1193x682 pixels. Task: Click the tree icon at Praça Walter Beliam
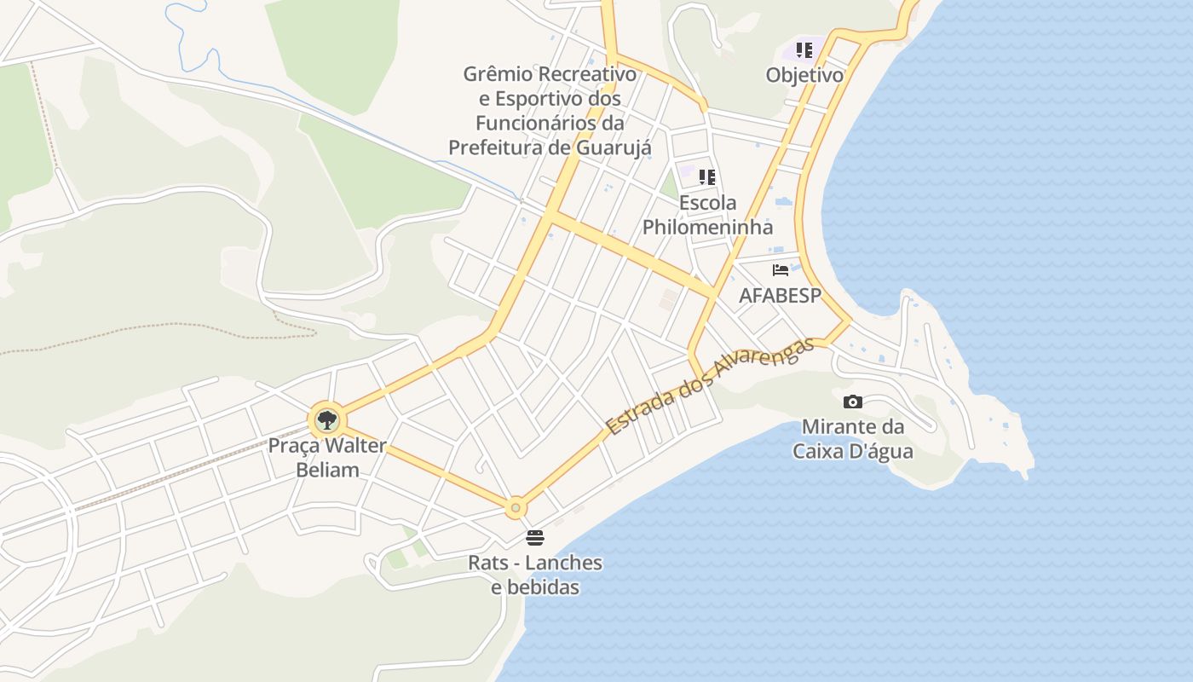click(326, 419)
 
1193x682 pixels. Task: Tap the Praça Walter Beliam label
click(327, 458)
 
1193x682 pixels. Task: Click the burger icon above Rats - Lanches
click(535, 538)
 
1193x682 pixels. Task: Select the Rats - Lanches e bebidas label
click(535, 575)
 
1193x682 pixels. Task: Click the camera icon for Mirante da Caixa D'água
click(853, 402)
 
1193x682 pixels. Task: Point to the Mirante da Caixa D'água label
click(853, 438)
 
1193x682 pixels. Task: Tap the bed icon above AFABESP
click(781, 270)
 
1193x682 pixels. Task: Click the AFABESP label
click(781, 296)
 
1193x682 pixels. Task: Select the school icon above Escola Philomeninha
click(707, 177)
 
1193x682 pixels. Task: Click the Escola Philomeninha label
click(707, 215)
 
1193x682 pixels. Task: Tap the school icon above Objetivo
click(804, 50)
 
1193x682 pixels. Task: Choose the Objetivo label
click(804, 75)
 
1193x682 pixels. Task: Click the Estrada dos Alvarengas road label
click(707, 385)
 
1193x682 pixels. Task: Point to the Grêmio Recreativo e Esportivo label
click(550, 111)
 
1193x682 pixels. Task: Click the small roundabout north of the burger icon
click(516, 508)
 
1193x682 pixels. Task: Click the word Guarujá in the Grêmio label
click(614, 147)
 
